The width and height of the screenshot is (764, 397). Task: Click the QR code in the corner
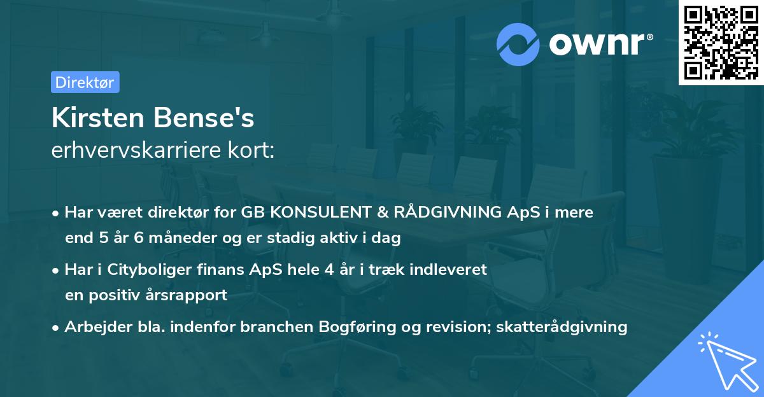pyautogui.click(x=721, y=42)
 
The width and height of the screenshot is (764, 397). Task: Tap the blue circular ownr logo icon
pyautogui.click(x=518, y=44)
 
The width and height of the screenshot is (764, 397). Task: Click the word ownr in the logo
pyautogui.click(x=599, y=45)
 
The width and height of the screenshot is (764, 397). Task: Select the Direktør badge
pyautogui.click(x=85, y=82)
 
